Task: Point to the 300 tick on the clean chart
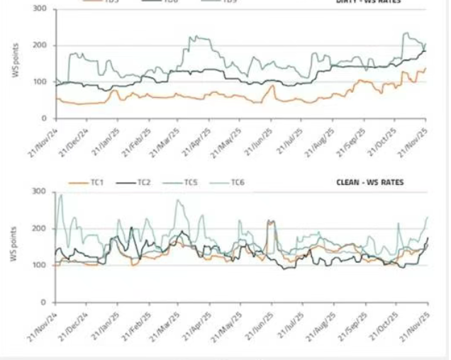point(41,192)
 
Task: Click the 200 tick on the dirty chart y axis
point(41,45)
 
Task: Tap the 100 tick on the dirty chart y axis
point(41,82)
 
